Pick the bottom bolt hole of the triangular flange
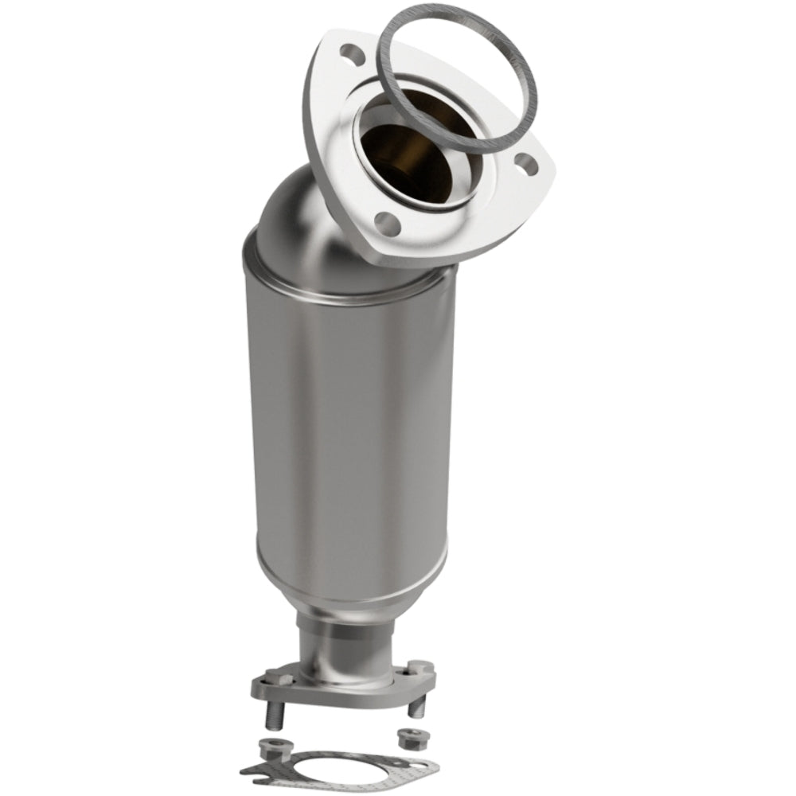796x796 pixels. [387, 220]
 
